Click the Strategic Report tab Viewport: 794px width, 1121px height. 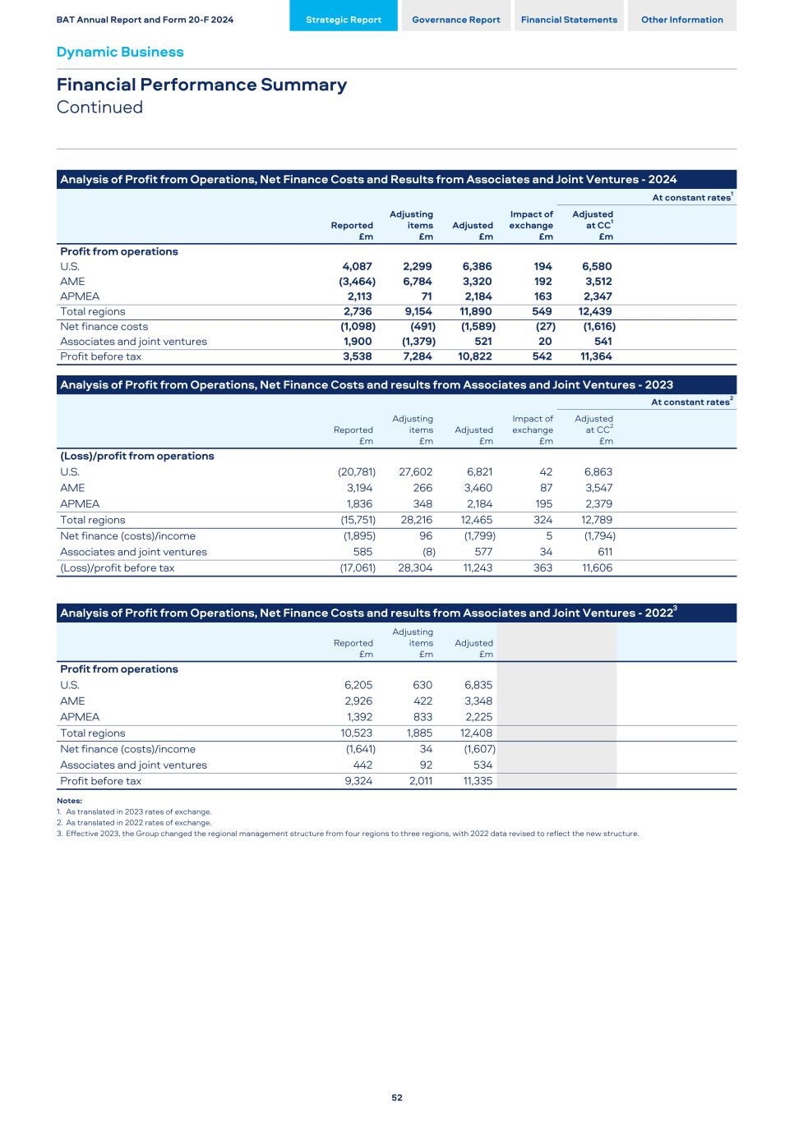click(343, 20)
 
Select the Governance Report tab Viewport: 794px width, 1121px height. click(455, 20)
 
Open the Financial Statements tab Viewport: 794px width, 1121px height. click(569, 20)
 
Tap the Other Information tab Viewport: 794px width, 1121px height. click(681, 20)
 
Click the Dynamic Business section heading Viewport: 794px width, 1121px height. click(120, 52)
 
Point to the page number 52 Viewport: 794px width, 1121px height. click(397, 1097)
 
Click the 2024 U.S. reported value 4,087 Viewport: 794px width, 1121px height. click(357, 266)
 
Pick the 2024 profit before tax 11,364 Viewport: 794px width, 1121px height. click(596, 356)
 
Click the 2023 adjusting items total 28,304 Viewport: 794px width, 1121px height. click(415, 567)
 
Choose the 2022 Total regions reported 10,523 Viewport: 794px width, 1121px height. click(357, 733)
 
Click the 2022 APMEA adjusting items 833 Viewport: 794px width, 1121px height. click(421, 717)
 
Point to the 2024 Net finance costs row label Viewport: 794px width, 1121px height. click(104, 326)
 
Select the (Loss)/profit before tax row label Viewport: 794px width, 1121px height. click(117, 567)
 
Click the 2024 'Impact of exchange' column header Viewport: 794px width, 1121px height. click(531, 225)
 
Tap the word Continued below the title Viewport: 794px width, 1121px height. click(99, 108)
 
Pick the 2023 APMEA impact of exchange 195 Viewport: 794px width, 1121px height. click(542, 503)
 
